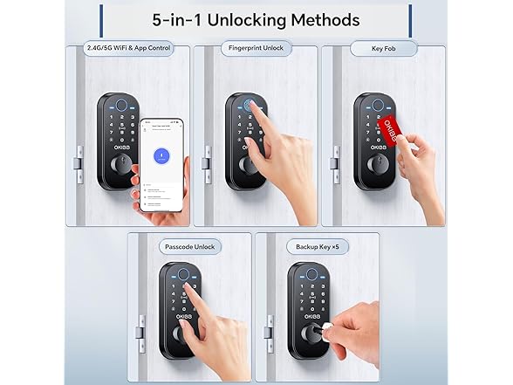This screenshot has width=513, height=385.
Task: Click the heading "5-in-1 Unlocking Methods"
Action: [256, 18]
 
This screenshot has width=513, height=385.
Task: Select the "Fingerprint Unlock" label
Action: [256, 49]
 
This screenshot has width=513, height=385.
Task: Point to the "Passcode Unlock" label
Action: [189, 247]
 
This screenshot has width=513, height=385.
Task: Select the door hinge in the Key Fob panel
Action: [333, 162]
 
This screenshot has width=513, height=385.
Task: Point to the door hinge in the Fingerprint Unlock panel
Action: [206, 162]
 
